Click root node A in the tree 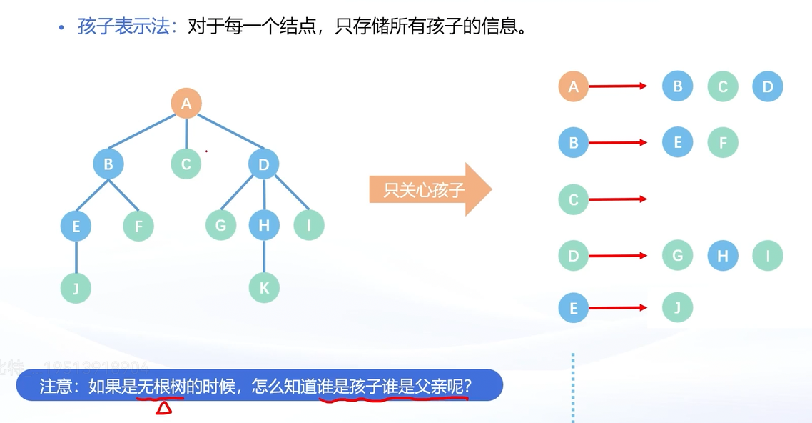(x=186, y=104)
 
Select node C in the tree (x=186, y=164)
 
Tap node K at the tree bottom (x=264, y=288)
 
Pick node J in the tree (x=76, y=288)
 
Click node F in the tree (x=138, y=227)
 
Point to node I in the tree (x=309, y=226)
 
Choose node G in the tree (x=220, y=226)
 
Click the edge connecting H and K (x=264, y=257)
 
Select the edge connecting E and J (x=76, y=257)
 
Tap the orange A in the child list (x=573, y=87)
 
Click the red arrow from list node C (x=618, y=199)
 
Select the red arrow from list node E (x=618, y=308)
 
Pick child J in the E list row (x=678, y=308)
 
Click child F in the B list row (x=723, y=143)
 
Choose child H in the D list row (x=723, y=255)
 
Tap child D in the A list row (x=768, y=87)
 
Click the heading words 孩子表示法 (x=125, y=28)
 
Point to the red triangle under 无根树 (x=164, y=408)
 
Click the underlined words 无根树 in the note (x=161, y=387)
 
